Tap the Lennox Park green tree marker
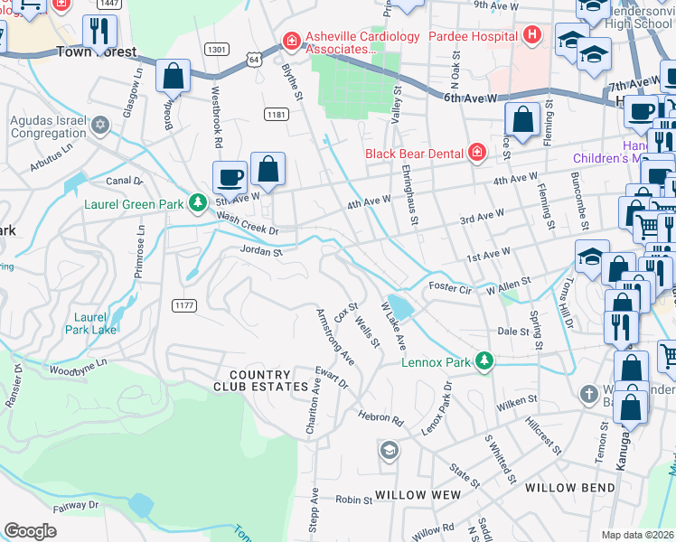(484, 362)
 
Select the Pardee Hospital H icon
(532, 36)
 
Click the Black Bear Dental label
(418, 153)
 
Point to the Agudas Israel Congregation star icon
(100, 124)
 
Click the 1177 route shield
(184, 305)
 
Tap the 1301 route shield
(216, 49)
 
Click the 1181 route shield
(277, 114)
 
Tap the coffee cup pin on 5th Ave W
(230, 176)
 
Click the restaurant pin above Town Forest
(99, 32)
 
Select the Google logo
(30, 531)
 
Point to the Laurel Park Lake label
(91, 323)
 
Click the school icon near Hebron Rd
(389, 450)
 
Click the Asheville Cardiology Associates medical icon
(291, 42)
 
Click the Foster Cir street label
(450, 286)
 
